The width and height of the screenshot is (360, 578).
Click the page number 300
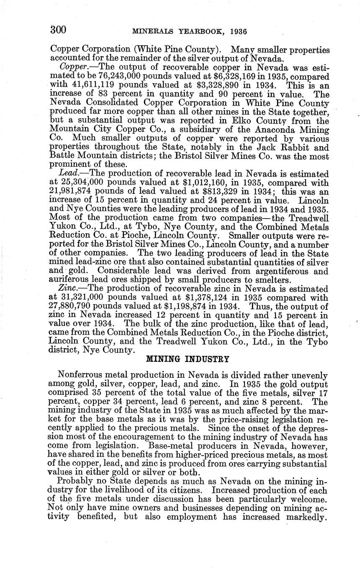point(58,30)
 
